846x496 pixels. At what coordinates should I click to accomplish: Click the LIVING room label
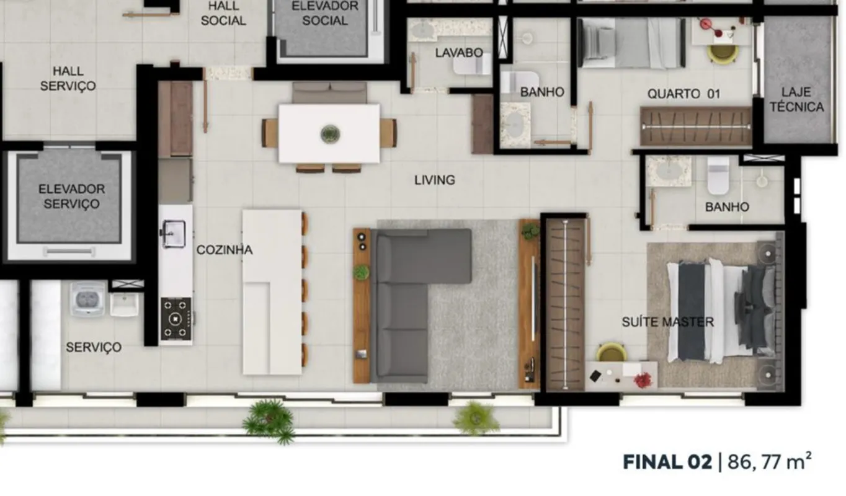[435, 180]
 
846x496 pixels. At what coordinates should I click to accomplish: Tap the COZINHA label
[225, 250]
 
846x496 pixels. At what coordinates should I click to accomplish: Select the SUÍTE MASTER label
[668, 322]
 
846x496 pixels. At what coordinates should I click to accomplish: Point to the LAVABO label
[459, 53]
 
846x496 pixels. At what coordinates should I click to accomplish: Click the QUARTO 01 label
[683, 94]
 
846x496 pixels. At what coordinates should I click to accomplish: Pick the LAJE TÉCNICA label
[797, 100]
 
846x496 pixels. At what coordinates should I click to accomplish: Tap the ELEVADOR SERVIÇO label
[71, 197]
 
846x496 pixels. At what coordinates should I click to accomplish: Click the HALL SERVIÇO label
[68, 79]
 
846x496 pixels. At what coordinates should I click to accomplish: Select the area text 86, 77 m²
[769, 461]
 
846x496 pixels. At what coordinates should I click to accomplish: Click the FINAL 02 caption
[667, 462]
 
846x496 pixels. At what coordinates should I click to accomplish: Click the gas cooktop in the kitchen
[176, 319]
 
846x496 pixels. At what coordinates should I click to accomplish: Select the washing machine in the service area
[87, 299]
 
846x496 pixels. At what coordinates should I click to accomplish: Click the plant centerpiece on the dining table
[330, 134]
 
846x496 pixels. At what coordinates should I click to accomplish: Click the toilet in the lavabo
[473, 65]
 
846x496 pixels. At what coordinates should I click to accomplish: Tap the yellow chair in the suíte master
[612, 352]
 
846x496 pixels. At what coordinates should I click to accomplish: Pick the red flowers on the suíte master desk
[643, 380]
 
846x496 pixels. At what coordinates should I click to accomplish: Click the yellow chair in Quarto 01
[723, 54]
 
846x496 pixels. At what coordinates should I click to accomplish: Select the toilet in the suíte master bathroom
[718, 175]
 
